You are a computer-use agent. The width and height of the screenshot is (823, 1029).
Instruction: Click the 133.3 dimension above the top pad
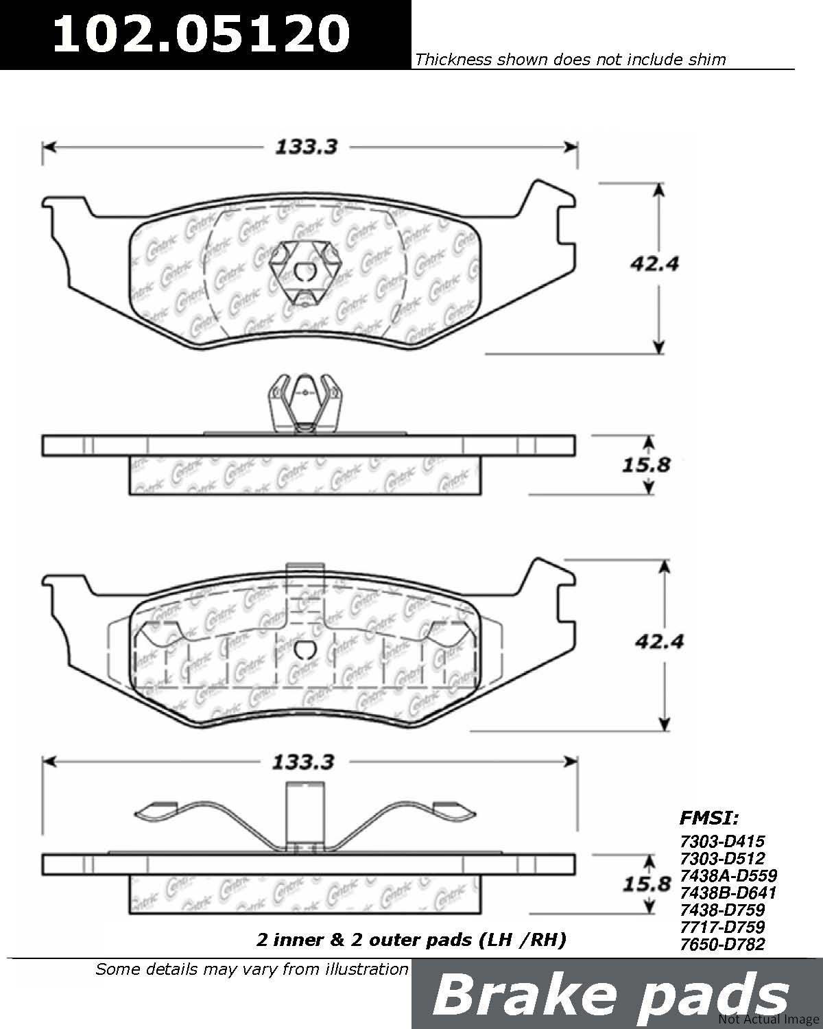[x=307, y=147]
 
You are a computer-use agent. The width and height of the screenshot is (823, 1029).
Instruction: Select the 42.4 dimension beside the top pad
[x=654, y=264]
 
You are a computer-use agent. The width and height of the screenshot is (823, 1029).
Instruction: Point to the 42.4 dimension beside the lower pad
[x=660, y=641]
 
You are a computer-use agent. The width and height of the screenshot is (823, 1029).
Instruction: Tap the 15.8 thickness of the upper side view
[x=646, y=465]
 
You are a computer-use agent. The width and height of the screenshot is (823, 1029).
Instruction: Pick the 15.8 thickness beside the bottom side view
[x=647, y=884]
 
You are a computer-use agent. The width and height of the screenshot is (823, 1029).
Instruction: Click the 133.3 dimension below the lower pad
[x=303, y=762]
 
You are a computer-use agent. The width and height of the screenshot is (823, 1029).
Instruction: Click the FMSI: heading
[x=709, y=818]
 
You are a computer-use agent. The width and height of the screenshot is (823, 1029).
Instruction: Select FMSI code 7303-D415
[x=722, y=842]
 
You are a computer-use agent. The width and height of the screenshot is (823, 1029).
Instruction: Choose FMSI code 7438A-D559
[x=728, y=875]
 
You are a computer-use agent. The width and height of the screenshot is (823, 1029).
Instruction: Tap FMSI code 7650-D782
[x=722, y=945]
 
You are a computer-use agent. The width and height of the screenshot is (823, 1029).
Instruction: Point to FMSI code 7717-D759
[x=722, y=927]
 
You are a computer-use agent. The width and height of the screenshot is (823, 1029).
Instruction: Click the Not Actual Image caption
[x=769, y=1019]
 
